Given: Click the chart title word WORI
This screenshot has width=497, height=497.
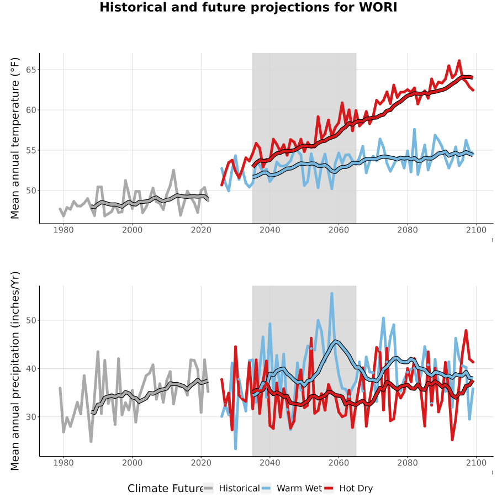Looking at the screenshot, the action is tap(378, 7).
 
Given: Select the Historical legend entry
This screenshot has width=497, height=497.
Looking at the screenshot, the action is tap(231, 488).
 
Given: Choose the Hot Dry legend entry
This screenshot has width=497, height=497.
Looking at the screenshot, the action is tap(348, 488).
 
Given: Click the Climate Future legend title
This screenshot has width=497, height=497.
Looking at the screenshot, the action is tap(165, 489).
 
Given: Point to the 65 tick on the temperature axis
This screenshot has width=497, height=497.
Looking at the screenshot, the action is tap(31, 70).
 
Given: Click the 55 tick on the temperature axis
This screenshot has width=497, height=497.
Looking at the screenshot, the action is tap(31, 150).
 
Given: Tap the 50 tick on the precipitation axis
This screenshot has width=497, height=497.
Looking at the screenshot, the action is tap(31, 320).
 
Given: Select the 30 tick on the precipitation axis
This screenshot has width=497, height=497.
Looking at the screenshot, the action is tap(31, 417).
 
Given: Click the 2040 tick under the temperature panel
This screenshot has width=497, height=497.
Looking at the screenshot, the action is tap(269, 230).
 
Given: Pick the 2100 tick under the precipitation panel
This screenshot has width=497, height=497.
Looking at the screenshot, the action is tap(476, 463).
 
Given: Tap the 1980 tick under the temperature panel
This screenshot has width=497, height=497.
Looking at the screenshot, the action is tap(64, 230).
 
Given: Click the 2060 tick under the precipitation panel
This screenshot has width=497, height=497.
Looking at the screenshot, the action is tap(339, 463).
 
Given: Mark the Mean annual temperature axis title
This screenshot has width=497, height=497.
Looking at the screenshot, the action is tap(15, 138).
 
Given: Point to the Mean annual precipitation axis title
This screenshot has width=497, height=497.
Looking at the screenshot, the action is tap(15, 371).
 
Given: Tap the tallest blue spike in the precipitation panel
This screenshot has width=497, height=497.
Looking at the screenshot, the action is tap(332, 294).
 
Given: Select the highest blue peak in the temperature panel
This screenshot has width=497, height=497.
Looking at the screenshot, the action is tap(414, 129).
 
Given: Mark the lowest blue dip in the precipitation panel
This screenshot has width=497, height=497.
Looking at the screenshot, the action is tap(235, 448).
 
